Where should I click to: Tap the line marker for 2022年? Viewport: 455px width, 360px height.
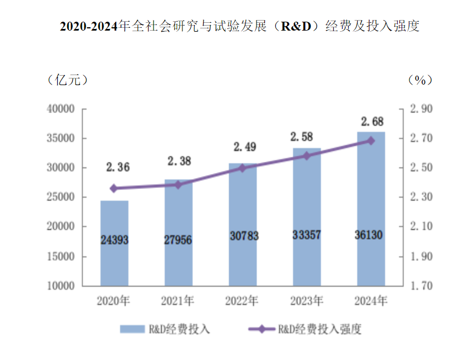pyautogui.click(x=243, y=167)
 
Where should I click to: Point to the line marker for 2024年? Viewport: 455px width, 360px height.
pyautogui.click(x=371, y=141)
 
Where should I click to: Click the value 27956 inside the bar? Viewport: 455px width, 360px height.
pyautogui.click(x=178, y=240)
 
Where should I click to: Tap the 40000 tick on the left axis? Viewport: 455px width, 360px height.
pyautogui.click(x=62, y=109)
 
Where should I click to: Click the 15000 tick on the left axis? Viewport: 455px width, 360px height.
pyautogui.click(x=62, y=257)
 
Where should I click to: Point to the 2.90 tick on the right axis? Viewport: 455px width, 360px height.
pyautogui.click(x=421, y=109)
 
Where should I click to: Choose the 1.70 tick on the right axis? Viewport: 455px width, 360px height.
pyautogui.click(x=421, y=286)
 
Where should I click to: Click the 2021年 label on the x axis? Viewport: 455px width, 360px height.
pyautogui.click(x=178, y=302)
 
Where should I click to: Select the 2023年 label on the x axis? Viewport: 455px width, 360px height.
pyautogui.click(x=306, y=302)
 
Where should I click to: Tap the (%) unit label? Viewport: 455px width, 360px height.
pyautogui.click(x=420, y=80)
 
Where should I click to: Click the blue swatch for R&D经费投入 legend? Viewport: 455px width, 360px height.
pyautogui.click(x=131, y=329)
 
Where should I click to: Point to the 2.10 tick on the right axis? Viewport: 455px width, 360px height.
pyautogui.click(x=421, y=227)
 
